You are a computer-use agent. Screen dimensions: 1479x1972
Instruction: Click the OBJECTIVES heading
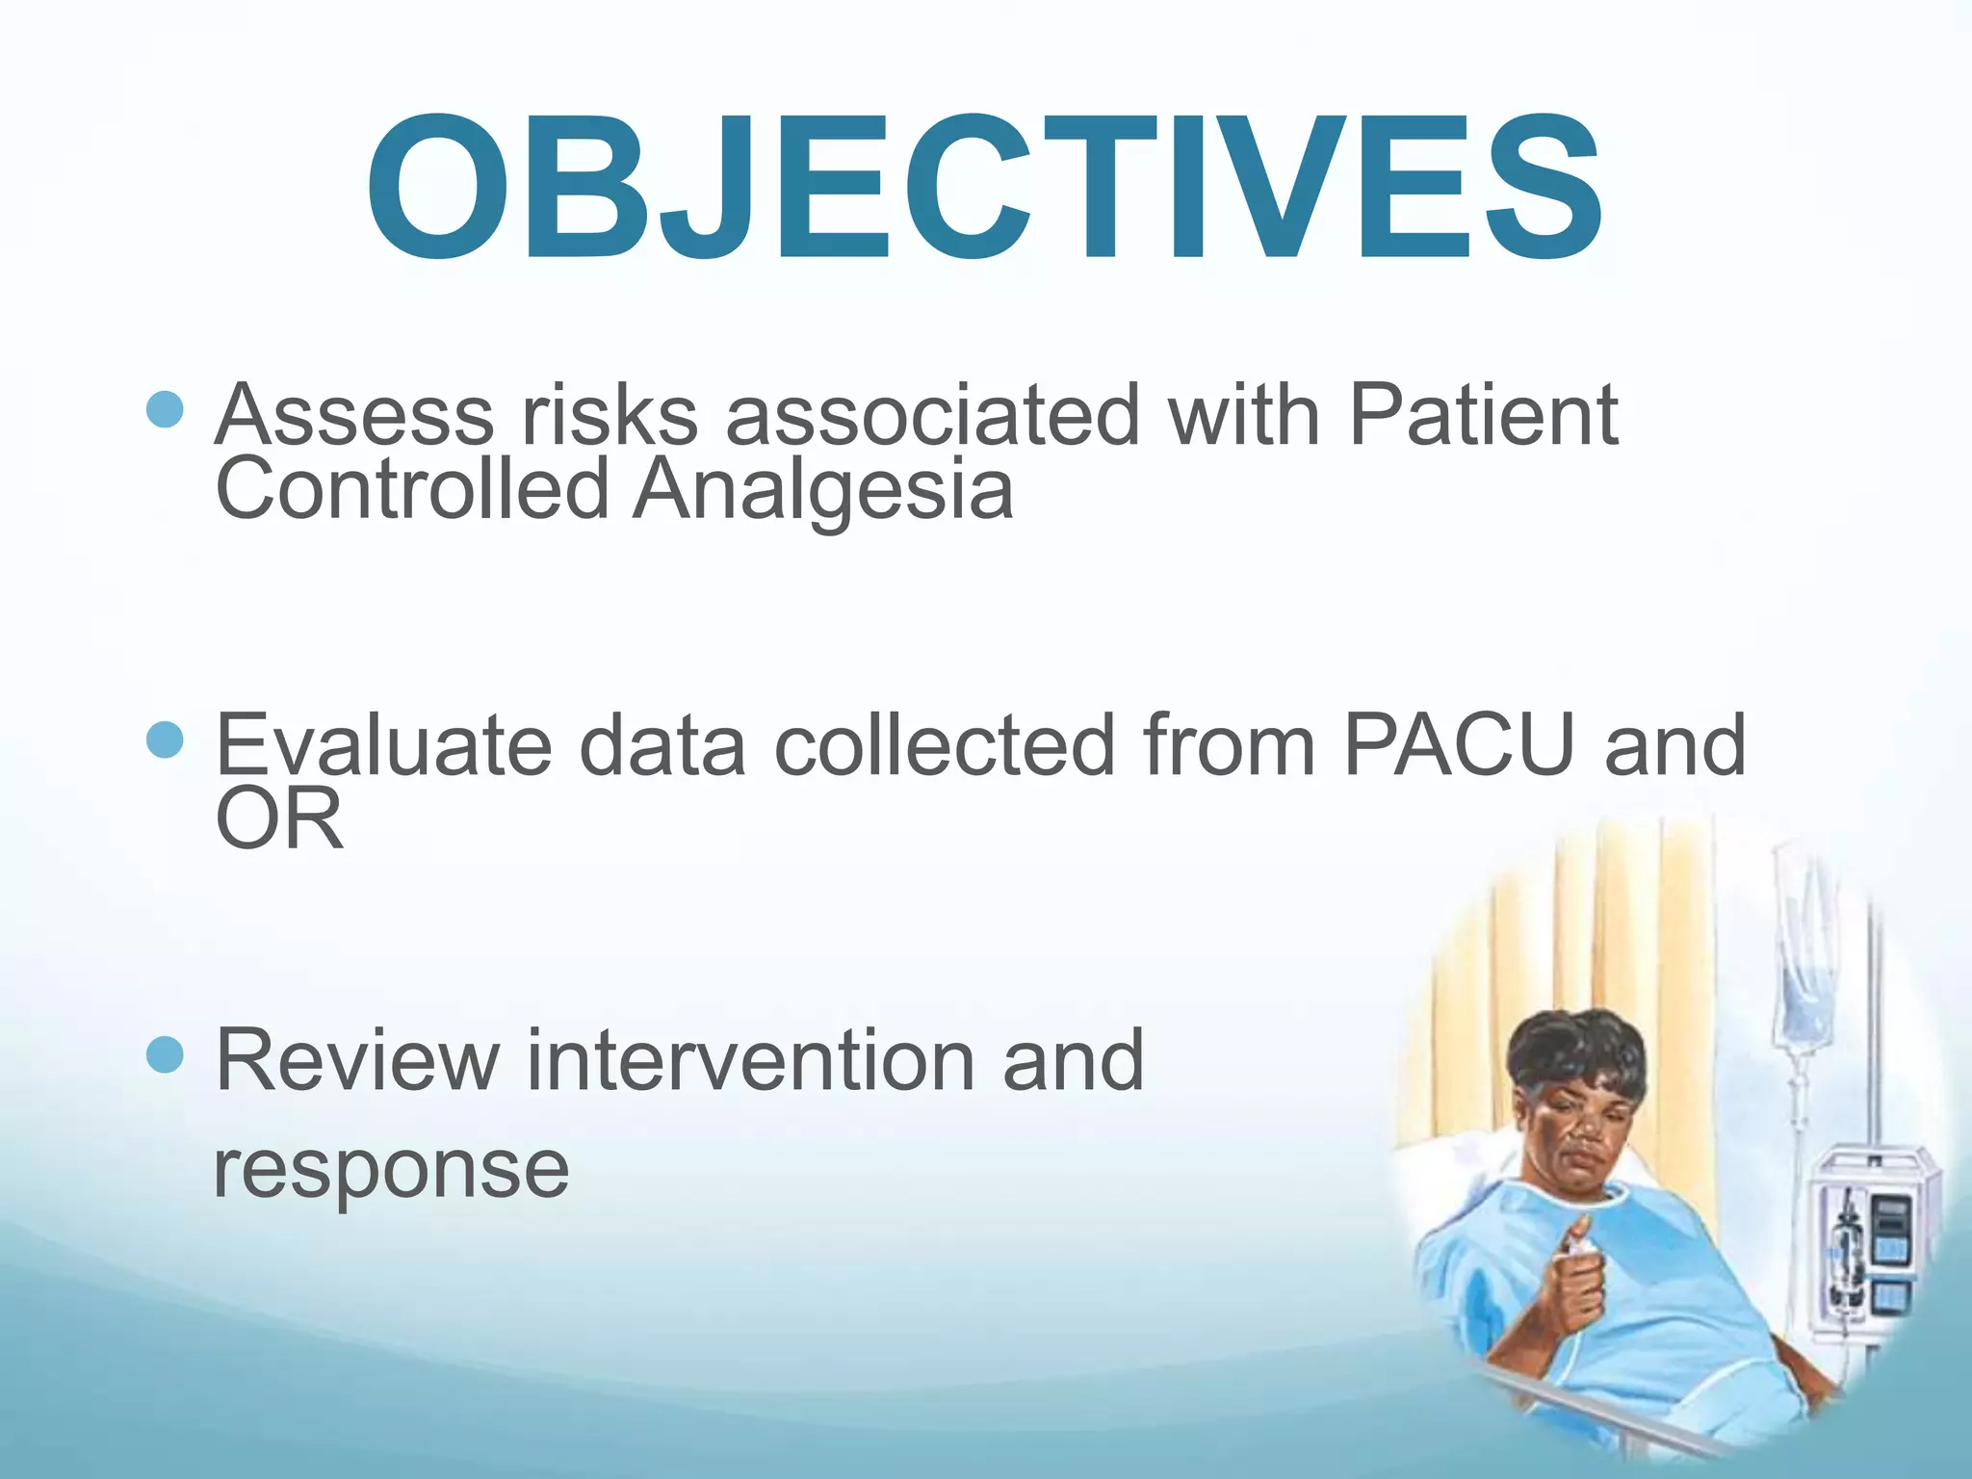pyautogui.click(x=984, y=188)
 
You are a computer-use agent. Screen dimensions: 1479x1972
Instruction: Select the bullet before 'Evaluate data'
pyautogui.click(x=165, y=739)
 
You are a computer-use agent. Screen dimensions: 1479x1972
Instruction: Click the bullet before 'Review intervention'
pyautogui.click(x=165, y=1055)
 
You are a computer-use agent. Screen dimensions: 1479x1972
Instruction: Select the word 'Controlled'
pyautogui.click(x=412, y=489)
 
